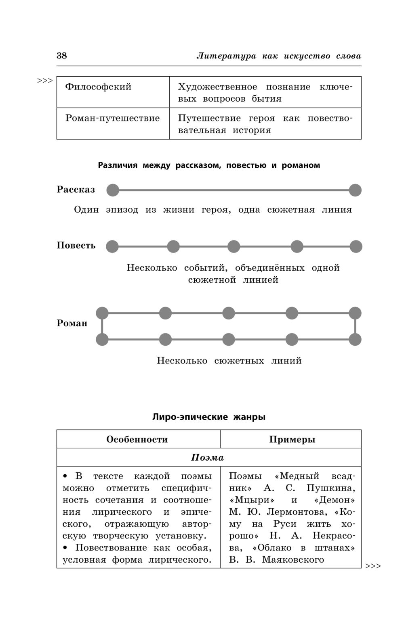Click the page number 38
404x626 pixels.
coord(62,56)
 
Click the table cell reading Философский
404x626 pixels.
coord(98,87)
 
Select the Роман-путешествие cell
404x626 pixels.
coord(112,118)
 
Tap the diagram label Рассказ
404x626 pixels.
coord(76,190)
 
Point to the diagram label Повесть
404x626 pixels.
coord(76,245)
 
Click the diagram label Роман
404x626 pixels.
coord(72,323)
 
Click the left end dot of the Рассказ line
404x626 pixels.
coord(113,190)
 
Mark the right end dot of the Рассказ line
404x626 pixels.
coord(355,190)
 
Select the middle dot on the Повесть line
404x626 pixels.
coord(234,246)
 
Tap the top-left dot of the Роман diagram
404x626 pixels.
coord(102,313)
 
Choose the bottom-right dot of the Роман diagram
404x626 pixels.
coord(355,340)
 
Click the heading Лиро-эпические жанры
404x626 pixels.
coord(209,417)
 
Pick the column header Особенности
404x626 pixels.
coord(137,439)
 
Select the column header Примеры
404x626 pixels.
coord(292,439)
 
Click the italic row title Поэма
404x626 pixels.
coord(207,458)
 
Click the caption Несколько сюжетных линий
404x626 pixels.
coord(229,361)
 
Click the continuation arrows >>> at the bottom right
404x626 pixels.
coord(373,566)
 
